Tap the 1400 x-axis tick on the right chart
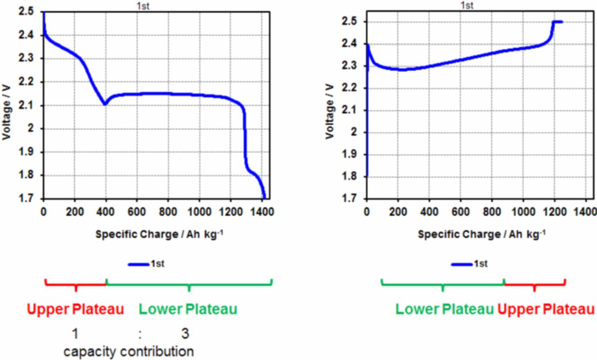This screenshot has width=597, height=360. [585, 210]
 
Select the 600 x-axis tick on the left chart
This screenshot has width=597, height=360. [137, 210]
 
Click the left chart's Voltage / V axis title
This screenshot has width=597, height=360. [7, 105]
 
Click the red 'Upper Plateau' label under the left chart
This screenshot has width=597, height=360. [75, 309]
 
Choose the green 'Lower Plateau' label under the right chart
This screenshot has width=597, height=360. [444, 309]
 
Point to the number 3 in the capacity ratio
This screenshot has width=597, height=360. [185, 334]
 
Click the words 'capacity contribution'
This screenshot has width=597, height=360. [129, 351]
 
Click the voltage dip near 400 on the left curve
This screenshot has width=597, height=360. [105, 104]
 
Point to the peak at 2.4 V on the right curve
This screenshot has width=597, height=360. [368, 45]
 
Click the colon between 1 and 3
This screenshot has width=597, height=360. [140, 334]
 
